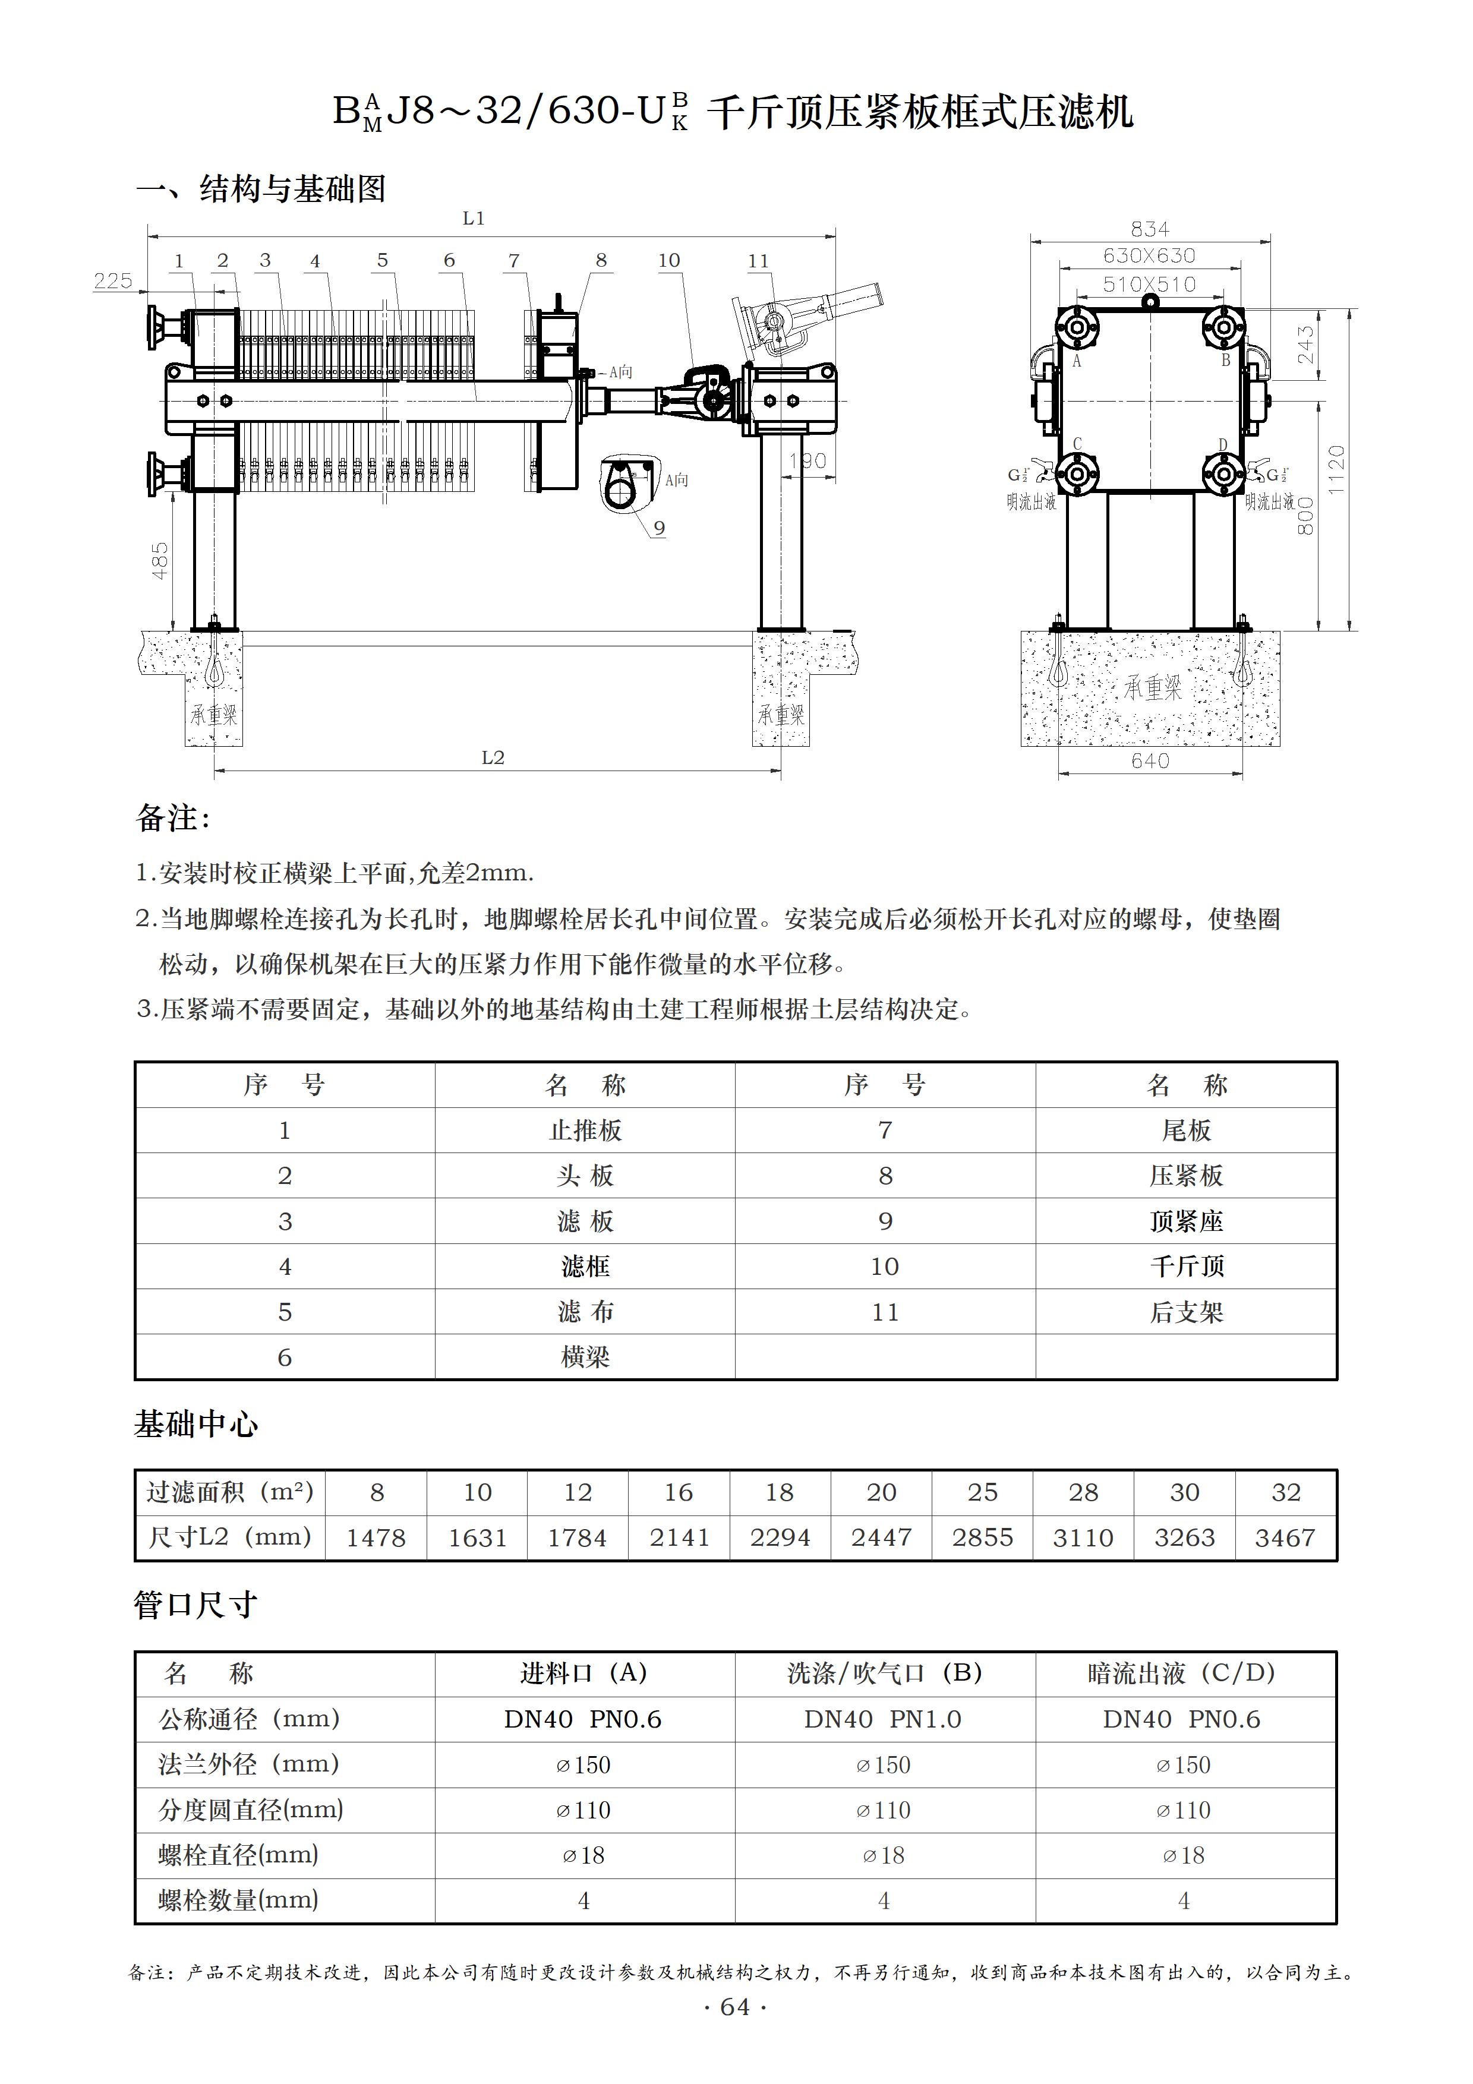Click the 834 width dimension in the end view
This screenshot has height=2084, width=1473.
tap(1149, 229)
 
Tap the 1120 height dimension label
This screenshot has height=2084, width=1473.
tap(1336, 469)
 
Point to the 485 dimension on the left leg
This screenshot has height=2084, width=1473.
tap(160, 561)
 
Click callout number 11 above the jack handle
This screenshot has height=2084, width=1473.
tap(758, 261)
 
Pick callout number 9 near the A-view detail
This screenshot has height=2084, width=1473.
tap(659, 528)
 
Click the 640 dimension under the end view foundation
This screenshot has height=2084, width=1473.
tap(1150, 760)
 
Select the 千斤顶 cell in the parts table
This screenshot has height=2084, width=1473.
tap(1186, 1266)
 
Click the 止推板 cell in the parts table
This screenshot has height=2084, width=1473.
tap(585, 1130)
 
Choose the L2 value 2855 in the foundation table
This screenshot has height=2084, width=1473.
tap(982, 1537)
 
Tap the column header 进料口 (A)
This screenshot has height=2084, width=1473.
tap(583, 1673)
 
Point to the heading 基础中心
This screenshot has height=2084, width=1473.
tap(196, 1424)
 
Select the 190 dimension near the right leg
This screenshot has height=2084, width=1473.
tap(807, 461)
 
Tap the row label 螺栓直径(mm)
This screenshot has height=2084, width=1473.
tap(238, 1855)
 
